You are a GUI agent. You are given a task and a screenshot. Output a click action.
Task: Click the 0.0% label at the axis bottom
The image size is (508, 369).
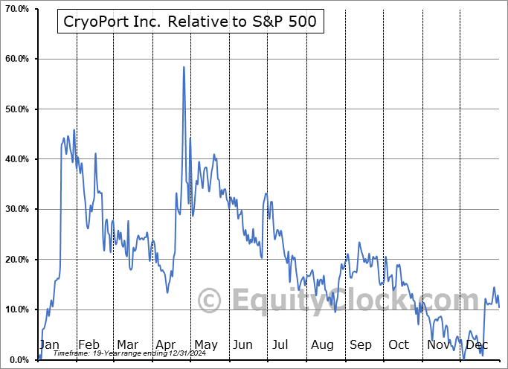(17, 360)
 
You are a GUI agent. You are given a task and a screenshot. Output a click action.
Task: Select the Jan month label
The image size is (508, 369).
(49, 344)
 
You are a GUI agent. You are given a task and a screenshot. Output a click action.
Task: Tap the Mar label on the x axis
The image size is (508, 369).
(127, 344)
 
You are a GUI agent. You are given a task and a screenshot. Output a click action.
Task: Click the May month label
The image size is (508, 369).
(205, 344)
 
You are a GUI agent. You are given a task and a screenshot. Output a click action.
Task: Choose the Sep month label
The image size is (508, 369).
(361, 344)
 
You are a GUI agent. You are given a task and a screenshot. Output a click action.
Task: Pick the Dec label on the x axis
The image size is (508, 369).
(477, 344)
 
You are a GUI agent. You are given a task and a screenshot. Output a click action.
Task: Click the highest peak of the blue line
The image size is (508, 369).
(184, 67)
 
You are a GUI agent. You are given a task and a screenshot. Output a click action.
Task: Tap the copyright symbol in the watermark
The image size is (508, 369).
(209, 301)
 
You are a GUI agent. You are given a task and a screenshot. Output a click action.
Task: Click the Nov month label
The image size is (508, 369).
(439, 344)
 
